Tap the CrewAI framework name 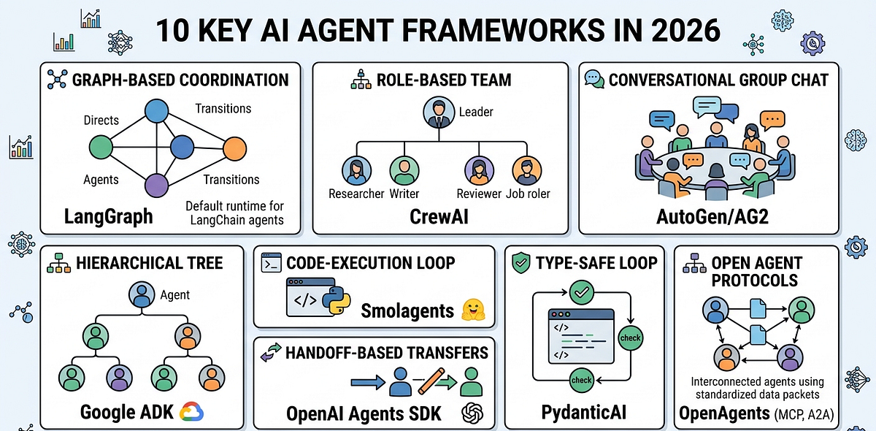(x=438, y=216)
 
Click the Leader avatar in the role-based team (x=438, y=112)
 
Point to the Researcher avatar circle (x=356, y=170)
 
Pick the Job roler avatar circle (x=526, y=170)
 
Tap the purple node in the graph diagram (x=155, y=184)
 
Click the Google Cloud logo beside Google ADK (x=191, y=411)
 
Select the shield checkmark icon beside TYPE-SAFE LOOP (x=522, y=263)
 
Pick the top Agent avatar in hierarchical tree (x=140, y=296)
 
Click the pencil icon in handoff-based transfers (x=433, y=381)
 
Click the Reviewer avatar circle (x=477, y=170)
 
